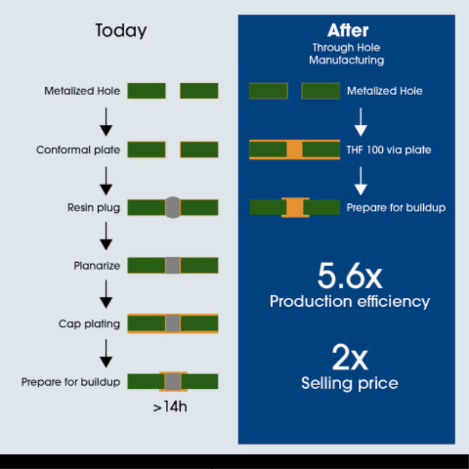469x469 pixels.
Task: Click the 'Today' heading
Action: point(121,30)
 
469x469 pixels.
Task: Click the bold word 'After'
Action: point(348,30)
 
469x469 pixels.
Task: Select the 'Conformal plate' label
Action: point(78,149)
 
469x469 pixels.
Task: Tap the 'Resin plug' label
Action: point(94,208)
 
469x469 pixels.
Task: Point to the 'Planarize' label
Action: point(97,266)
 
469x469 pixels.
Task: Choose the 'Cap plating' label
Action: point(89,324)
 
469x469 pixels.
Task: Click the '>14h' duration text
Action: point(170,407)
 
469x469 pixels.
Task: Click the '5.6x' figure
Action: point(349,276)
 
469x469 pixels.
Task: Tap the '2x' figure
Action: point(349,357)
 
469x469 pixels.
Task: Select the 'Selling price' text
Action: point(349,383)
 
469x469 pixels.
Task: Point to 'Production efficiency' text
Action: point(349,301)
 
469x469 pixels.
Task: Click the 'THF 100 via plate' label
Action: point(389,149)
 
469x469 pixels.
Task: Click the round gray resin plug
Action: point(173,208)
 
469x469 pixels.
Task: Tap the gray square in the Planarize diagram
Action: point(173,266)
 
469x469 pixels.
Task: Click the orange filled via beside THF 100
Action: point(295,149)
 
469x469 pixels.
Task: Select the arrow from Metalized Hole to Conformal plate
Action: point(106,122)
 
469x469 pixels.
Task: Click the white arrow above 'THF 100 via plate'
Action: point(361,122)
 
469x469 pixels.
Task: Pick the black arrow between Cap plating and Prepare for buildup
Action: point(106,354)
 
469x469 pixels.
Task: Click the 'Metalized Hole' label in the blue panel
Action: point(385,91)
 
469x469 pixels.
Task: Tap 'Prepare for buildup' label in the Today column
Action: point(71,382)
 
